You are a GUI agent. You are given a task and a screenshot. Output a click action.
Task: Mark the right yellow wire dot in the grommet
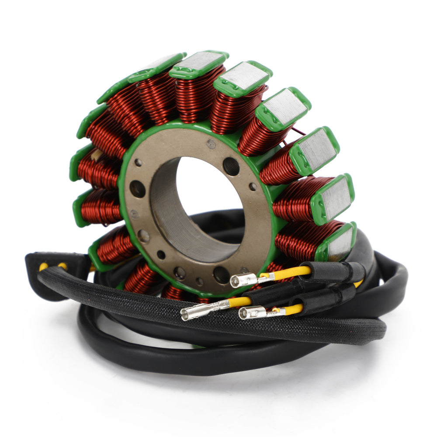pos(62,265)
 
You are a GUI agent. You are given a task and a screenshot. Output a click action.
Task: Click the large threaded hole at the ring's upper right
pos(231,166)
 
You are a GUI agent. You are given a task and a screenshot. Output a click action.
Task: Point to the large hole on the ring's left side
pos(137,189)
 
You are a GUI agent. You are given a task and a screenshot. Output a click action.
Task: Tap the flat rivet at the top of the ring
pos(211,143)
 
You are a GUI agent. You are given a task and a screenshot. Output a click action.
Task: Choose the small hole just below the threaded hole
pos(253,187)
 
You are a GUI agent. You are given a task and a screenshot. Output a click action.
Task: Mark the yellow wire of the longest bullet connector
pos(240,302)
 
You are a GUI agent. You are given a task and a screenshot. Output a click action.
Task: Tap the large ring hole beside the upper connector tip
pos(221,274)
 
